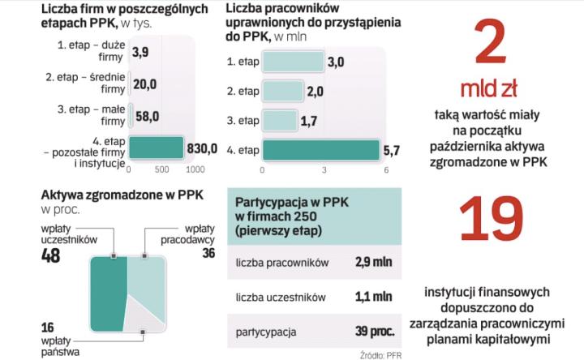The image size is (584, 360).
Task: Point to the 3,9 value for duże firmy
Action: coord(140,52)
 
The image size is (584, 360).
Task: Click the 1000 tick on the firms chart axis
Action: coord(195,169)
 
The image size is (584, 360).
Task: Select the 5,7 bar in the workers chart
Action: coord(320,149)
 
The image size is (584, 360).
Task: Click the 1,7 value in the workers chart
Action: coord(311,120)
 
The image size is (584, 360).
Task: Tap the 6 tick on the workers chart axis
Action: coord(386,170)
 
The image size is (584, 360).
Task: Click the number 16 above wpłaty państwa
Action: coord(48,327)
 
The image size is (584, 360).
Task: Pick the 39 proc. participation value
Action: coord(375,332)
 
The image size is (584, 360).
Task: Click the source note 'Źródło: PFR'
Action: coord(380,354)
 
